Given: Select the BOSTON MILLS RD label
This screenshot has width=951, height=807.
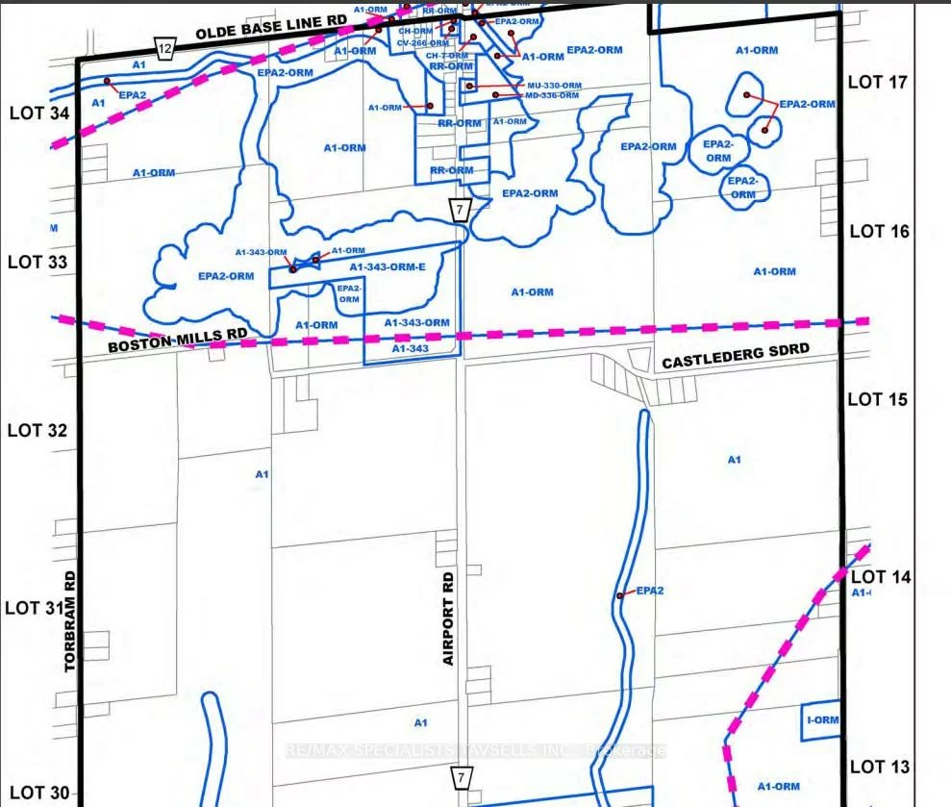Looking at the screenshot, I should [x=177, y=340].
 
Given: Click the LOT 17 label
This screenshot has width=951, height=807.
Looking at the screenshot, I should [x=878, y=83].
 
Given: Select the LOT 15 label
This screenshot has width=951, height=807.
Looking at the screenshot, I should [x=878, y=399].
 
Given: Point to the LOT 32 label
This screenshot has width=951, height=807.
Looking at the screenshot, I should [x=38, y=430].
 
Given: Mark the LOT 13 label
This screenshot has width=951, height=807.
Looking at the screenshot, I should [x=880, y=767].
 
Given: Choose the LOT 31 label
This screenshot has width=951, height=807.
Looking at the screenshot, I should [x=36, y=608].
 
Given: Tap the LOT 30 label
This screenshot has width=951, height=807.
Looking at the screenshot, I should [x=38, y=793].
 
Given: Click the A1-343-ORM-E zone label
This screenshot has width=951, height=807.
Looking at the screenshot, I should [x=387, y=267].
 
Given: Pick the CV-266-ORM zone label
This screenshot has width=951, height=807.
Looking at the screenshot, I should [x=424, y=43].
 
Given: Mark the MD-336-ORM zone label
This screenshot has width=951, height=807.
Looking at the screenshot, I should [x=552, y=95].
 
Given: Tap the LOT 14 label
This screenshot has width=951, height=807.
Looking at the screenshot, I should [x=881, y=577].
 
